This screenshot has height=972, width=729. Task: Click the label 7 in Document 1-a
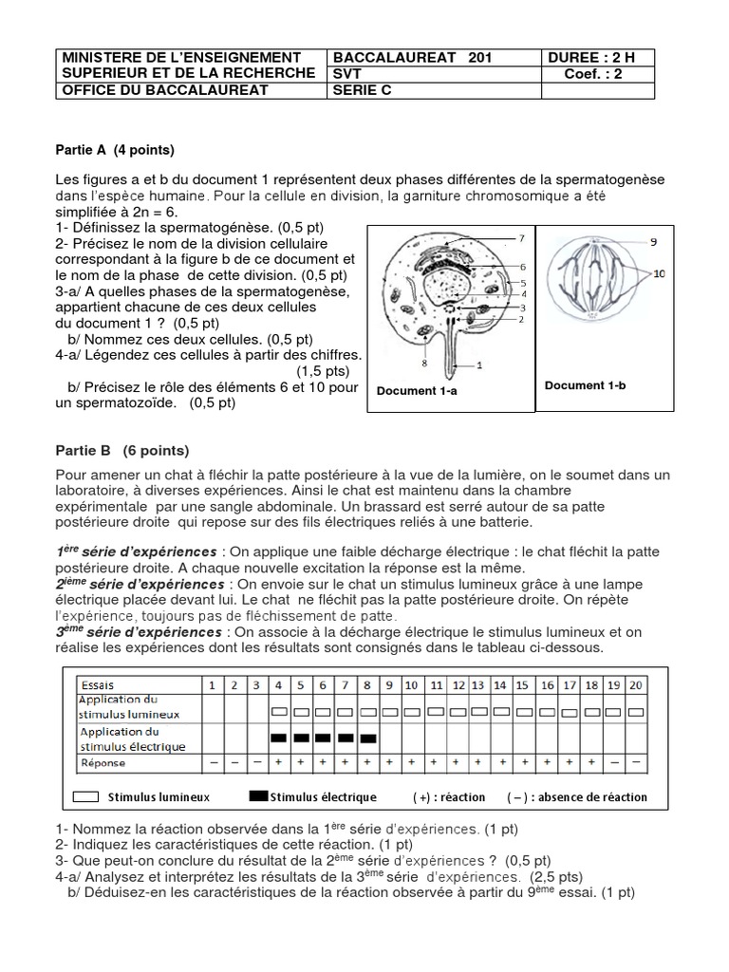(x=521, y=237)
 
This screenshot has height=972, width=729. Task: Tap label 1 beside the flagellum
(x=479, y=364)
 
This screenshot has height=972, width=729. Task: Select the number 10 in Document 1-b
(x=660, y=273)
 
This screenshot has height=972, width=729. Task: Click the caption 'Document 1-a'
(x=417, y=390)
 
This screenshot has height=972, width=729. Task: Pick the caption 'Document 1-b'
(x=585, y=385)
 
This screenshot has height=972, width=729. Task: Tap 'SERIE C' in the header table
(x=362, y=90)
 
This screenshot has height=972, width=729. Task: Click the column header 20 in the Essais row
(x=636, y=684)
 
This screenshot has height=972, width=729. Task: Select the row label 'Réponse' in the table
(x=103, y=761)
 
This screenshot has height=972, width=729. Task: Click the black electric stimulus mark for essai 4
(x=279, y=738)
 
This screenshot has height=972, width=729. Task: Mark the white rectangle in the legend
(x=87, y=796)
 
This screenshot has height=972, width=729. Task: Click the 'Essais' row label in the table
(x=99, y=684)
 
